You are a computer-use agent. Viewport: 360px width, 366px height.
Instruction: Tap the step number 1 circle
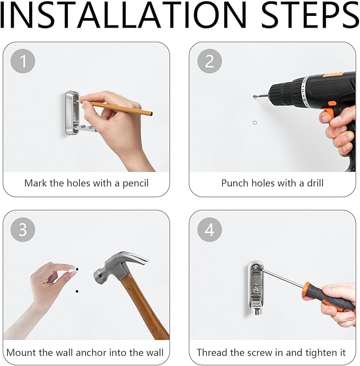coord(23,61)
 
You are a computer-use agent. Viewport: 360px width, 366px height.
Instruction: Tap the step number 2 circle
coord(209,61)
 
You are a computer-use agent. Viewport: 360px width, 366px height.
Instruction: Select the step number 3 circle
coord(23,229)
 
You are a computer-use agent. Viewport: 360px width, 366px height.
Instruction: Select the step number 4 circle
coord(209,229)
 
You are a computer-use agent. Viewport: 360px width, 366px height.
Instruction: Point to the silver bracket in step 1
coord(72,114)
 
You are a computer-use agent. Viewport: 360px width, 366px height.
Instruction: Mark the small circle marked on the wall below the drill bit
coord(255,123)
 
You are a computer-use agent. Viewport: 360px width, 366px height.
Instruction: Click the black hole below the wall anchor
coord(77,291)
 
